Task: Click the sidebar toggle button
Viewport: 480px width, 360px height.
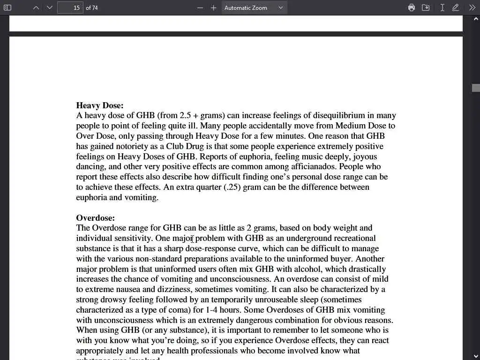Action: pyautogui.click(x=7, y=7)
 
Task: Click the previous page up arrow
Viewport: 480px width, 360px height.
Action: pyautogui.click(x=36, y=7)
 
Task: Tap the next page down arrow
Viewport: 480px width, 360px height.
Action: pyautogui.click(x=50, y=7)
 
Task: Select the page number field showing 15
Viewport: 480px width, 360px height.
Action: pyautogui.click(x=70, y=7)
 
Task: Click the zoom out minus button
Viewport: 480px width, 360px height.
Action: pyautogui.click(x=200, y=7)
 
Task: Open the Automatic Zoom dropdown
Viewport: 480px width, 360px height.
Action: pyautogui.click(x=254, y=7)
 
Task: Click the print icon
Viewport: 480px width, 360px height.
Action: pyautogui.click(x=411, y=7)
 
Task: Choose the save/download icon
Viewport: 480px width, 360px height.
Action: pyautogui.click(x=426, y=7)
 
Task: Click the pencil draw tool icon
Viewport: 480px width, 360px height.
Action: pyautogui.click(x=455, y=7)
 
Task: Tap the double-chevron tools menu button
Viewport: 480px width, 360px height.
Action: pyautogui.click(x=472, y=7)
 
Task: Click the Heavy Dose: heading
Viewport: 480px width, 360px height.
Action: pyautogui.click(x=100, y=105)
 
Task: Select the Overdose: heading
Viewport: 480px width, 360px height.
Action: pyautogui.click(x=95, y=218)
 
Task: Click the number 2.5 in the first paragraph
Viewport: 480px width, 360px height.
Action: pyautogui.click(x=185, y=115)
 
